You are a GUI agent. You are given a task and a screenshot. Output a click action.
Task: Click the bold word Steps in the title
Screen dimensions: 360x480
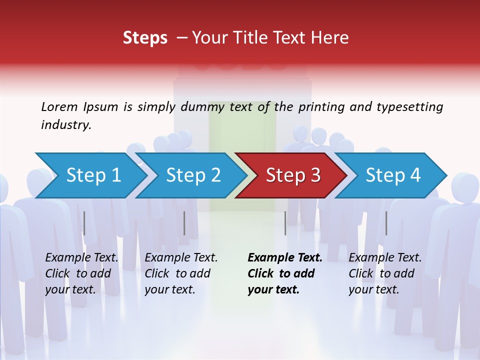[x=145, y=38]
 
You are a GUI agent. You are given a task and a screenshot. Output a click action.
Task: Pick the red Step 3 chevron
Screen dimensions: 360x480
[x=293, y=175]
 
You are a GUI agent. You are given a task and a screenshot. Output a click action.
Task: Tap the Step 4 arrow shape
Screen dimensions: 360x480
[x=393, y=175]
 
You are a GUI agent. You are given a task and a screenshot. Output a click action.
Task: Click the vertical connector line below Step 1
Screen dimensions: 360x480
[x=84, y=223]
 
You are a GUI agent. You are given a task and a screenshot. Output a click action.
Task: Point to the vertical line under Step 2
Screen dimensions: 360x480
[x=184, y=223]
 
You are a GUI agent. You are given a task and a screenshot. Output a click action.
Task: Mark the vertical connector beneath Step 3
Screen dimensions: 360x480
[x=285, y=223]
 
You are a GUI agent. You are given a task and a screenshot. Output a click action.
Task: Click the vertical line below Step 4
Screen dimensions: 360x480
[x=386, y=223]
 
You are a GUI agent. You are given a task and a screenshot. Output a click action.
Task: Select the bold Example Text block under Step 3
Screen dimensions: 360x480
[x=285, y=273]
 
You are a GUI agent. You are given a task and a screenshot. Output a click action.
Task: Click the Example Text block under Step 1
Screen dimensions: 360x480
[x=82, y=273]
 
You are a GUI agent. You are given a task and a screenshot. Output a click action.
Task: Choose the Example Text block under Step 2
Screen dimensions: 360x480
[x=181, y=273]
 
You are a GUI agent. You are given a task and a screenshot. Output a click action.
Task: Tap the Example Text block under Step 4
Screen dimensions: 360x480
[x=385, y=273]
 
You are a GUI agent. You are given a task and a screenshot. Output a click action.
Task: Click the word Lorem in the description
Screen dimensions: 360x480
[x=59, y=106]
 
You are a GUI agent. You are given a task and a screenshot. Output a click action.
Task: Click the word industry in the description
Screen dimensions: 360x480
[x=66, y=125]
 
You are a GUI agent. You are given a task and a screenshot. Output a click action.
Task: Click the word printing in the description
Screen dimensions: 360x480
[x=322, y=106]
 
